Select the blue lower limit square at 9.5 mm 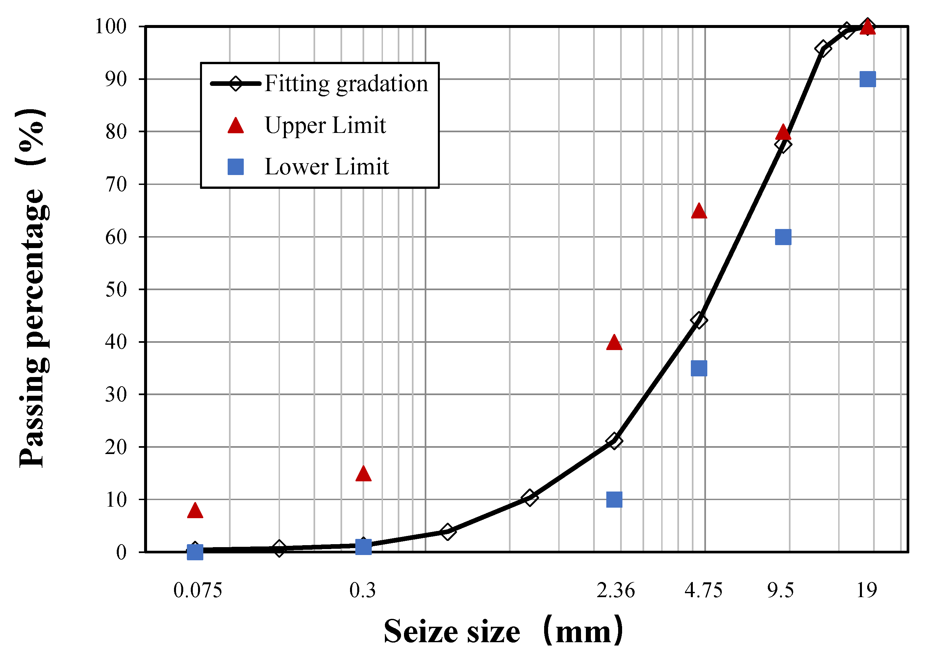(783, 237)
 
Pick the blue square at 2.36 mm (614, 500)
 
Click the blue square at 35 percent (699, 368)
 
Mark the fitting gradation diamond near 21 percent (614, 441)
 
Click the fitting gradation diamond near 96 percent (823, 49)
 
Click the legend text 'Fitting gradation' (346, 84)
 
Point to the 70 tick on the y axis (116, 185)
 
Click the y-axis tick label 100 (111, 27)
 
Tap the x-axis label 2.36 (615, 591)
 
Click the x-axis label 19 (867, 591)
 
